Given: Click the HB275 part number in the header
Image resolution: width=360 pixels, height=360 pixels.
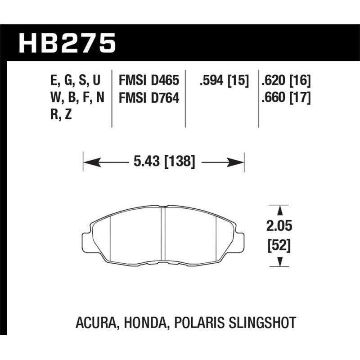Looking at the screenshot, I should click(x=67, y=43).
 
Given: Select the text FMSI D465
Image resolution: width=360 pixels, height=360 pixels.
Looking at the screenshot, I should click(x=148, y=81).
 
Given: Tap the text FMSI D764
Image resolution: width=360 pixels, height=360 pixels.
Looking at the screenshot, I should click(x=148, y=98).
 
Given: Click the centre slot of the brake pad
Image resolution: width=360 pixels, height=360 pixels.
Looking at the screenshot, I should click(x=164, y=234).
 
